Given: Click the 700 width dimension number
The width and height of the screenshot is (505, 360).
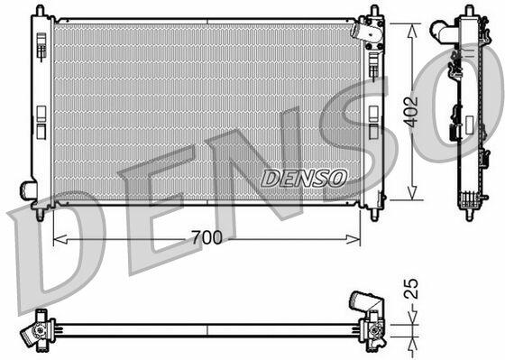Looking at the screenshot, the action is pos(207,237).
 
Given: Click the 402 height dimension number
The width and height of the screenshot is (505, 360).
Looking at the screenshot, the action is pos(411,112).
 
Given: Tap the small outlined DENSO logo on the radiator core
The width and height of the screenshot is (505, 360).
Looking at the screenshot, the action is pos(304,179).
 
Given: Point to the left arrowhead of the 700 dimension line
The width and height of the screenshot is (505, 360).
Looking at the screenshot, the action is pos(60,239).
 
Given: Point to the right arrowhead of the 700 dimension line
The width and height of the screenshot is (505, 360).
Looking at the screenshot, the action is pos(353,239).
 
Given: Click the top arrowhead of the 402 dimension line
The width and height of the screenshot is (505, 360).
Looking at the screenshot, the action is pos(412,32).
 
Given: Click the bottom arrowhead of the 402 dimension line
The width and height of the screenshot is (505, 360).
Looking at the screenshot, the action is pos(412,192).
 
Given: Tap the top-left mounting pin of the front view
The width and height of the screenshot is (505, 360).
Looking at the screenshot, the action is pos(40,10).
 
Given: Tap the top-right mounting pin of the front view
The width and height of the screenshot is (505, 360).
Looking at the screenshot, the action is pos(374,10).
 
